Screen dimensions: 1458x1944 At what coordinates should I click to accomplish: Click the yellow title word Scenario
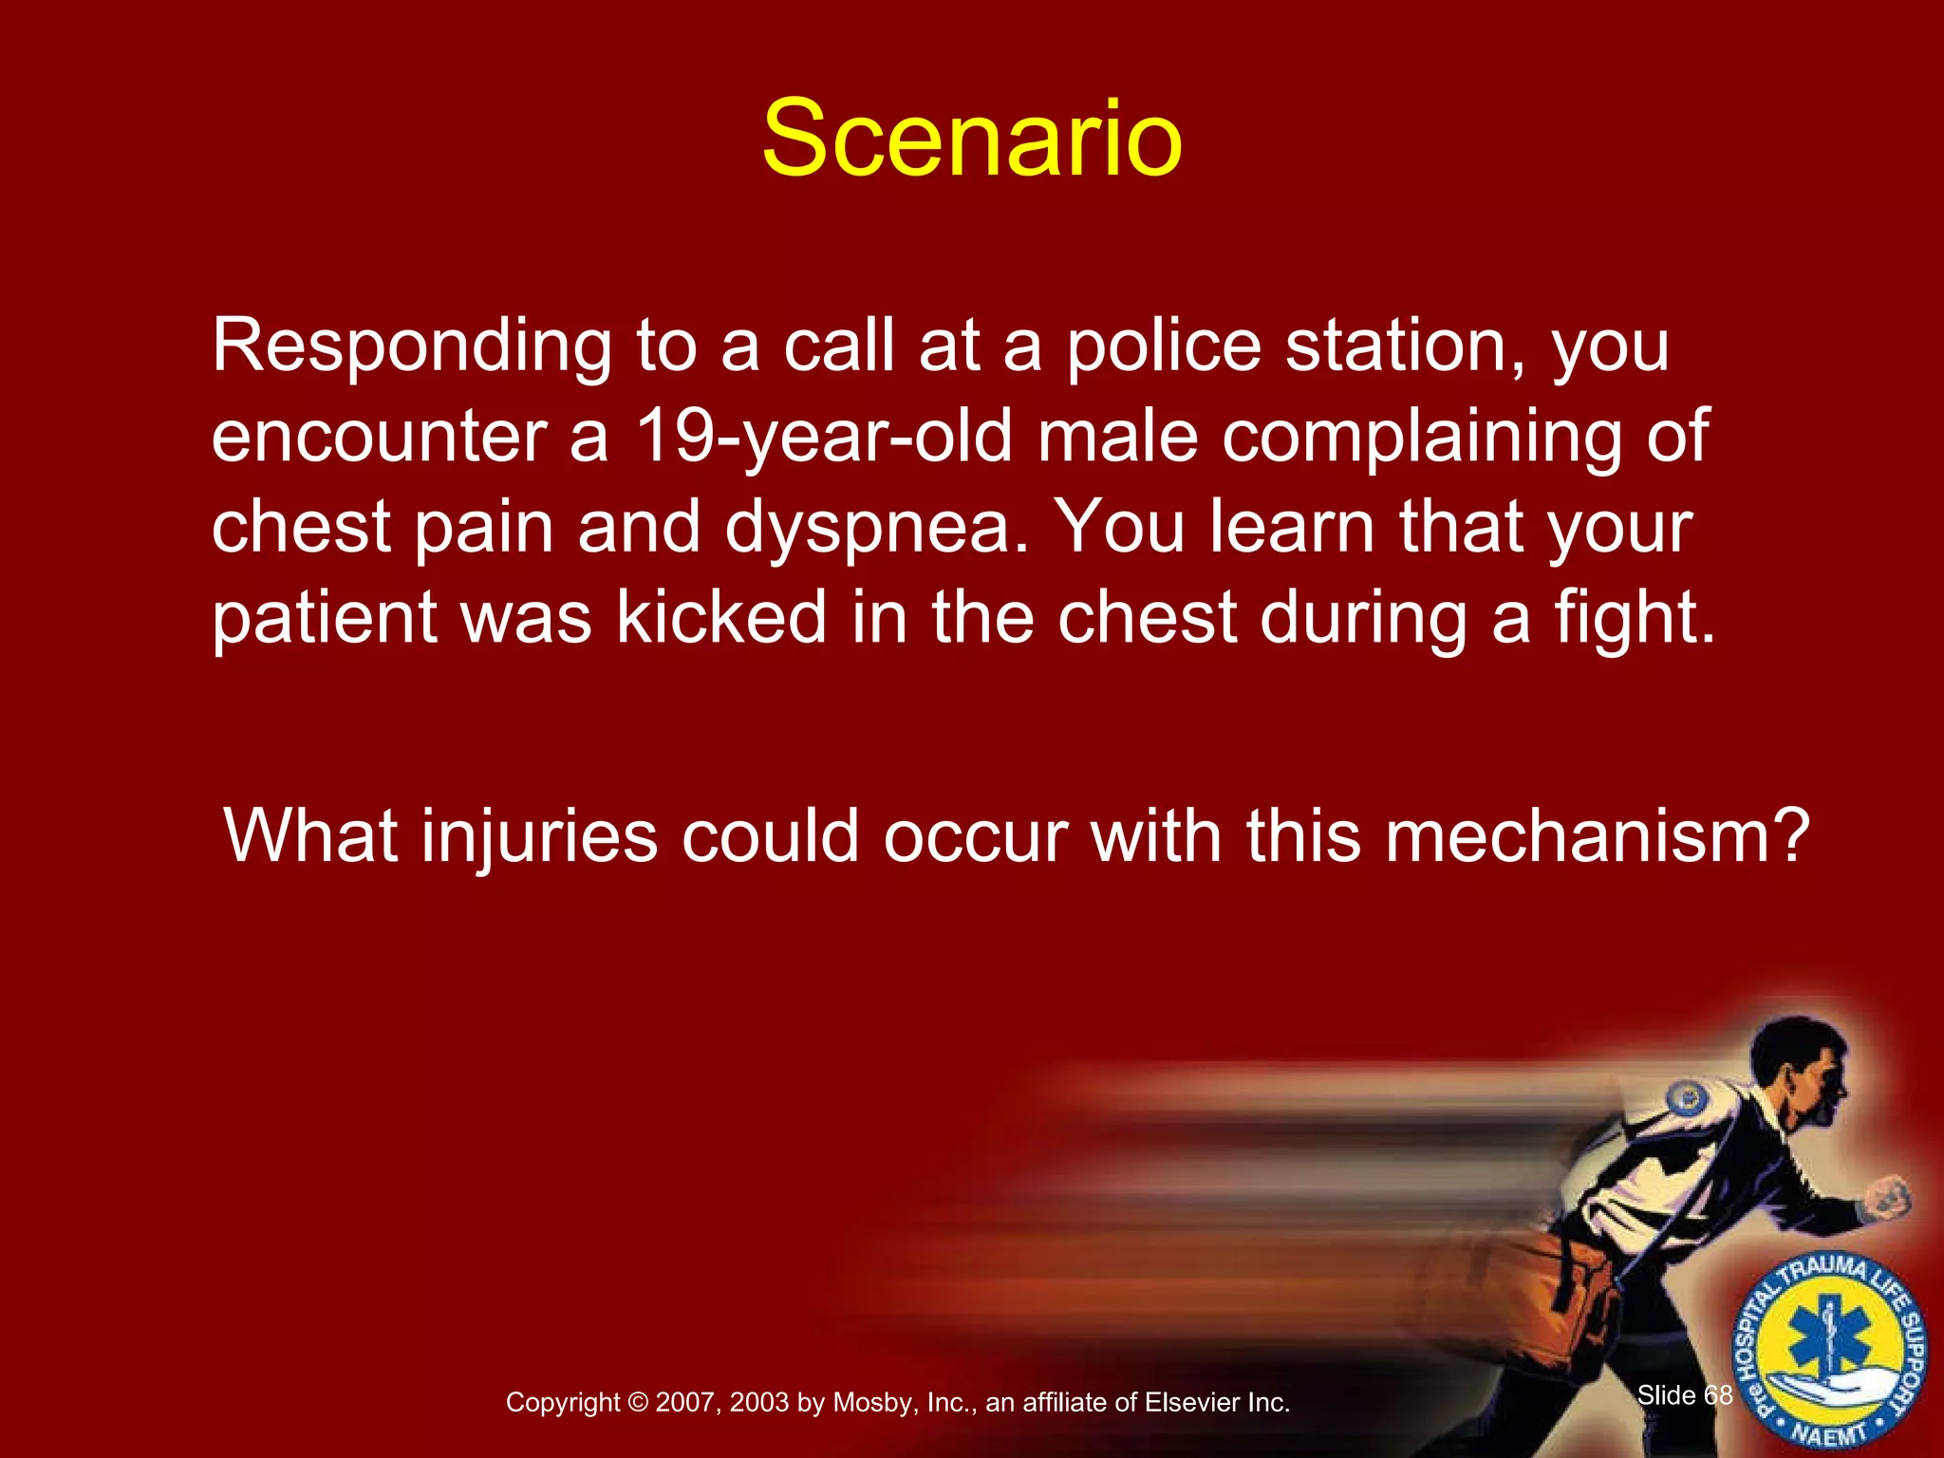click(972, 140)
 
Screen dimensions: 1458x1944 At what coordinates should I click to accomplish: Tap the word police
click(1164, 347)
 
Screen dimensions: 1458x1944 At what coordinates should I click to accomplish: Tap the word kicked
click(721, 618)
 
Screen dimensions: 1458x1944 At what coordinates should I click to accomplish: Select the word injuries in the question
click(539, 837)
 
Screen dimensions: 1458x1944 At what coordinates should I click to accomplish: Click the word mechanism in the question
click(1595, 837)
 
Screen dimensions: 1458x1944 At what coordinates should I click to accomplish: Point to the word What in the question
click(310, 837)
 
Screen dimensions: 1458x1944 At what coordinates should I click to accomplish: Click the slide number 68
click(1718, 1394)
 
